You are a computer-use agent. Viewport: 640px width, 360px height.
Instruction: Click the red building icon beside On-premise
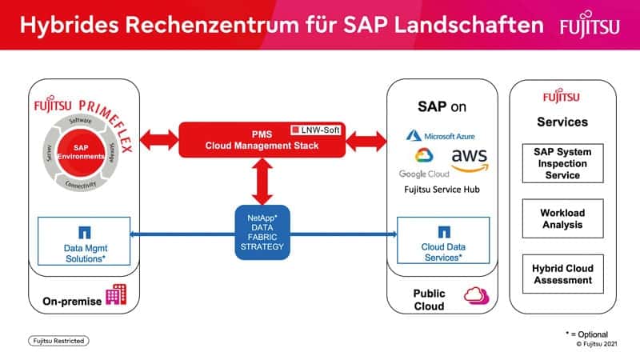[116, 295]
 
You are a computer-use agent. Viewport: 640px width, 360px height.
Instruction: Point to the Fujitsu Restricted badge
[58, 341]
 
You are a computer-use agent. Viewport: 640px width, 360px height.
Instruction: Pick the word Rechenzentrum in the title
[203, 25]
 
